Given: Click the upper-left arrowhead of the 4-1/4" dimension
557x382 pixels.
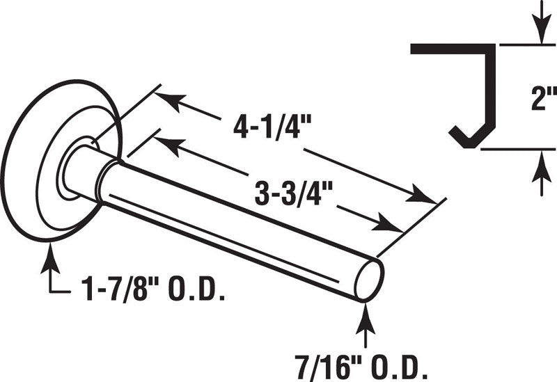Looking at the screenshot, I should coord(171,100).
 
